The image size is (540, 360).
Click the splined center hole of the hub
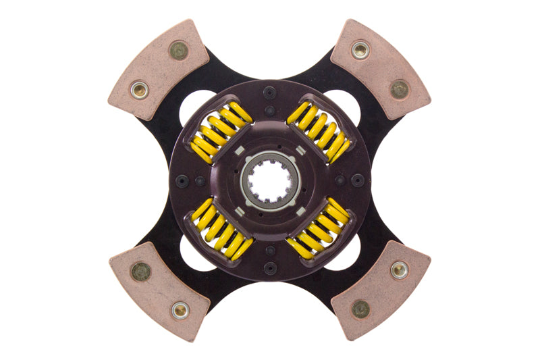coord(269,180)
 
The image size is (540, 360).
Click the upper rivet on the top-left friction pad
coord(178,50)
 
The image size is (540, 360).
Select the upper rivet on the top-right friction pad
coord(361,49)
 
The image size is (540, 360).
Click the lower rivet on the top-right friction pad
coord(400,88)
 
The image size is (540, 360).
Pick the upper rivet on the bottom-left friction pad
coord(140,272)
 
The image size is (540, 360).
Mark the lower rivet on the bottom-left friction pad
coord(180,310)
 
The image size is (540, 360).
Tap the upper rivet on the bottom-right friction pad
coord(399,270)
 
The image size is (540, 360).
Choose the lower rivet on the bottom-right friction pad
coord(360,309)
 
